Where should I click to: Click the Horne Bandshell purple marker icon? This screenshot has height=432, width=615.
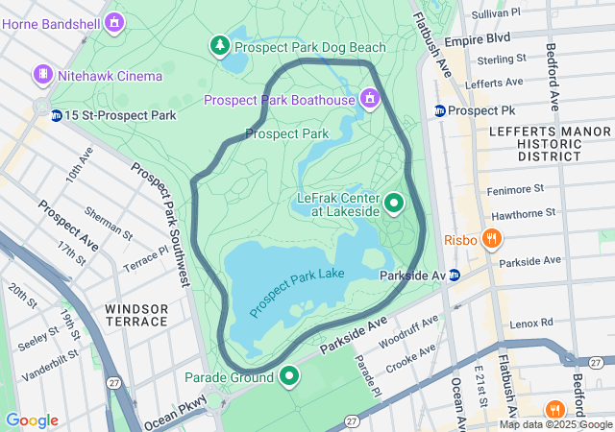115,20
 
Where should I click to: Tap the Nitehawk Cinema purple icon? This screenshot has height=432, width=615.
42,74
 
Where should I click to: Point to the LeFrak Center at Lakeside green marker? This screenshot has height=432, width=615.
394,204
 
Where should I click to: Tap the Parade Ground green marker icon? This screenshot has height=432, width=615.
288,376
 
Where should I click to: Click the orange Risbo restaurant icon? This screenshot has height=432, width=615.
491,239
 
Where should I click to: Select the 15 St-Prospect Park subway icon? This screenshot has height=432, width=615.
57,115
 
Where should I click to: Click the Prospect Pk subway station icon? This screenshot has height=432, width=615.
440,110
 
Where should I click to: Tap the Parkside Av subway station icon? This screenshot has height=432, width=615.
455,276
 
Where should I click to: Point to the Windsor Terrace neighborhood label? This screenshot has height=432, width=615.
136,314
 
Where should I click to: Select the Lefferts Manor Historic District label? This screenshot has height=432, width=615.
535,142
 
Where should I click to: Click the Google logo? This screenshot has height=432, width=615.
32,420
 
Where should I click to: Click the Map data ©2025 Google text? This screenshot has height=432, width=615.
555,424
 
